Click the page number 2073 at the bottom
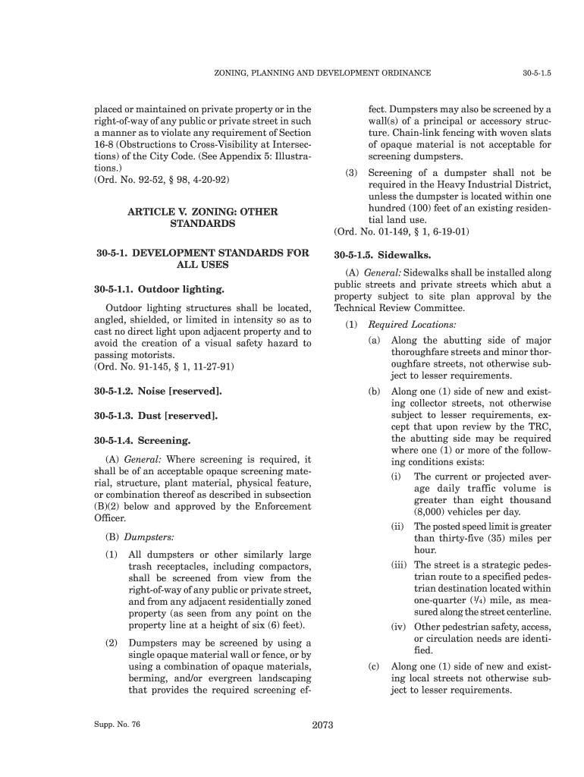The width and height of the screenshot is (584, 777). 323,725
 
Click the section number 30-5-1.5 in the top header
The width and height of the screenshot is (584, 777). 536,73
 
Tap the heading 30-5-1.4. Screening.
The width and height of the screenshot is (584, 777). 143,440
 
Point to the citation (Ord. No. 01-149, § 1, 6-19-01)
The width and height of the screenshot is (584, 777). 401,231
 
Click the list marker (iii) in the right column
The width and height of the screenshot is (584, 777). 400,565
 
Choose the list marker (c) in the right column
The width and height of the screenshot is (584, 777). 374,667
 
